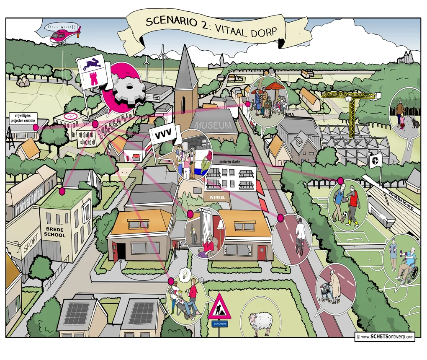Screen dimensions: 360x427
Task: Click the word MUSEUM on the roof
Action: [x=213, y=125]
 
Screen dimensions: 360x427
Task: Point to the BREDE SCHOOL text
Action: [x=55, y=232]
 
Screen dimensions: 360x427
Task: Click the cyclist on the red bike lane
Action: [x=299, y=237]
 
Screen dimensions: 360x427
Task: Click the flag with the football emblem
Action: [x=374, y=160]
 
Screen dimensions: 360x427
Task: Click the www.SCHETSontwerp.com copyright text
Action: [x=385, y=337]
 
